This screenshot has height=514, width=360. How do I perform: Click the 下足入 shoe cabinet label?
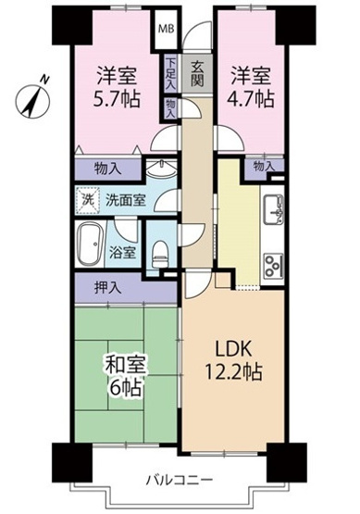pyautogui.click(x=172, y=71)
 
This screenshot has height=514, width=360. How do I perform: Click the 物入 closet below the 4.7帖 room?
pyautogui.click(x=264, y=166)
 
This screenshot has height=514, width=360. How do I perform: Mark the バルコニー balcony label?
pyautogui.click(x=180, y=479)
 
